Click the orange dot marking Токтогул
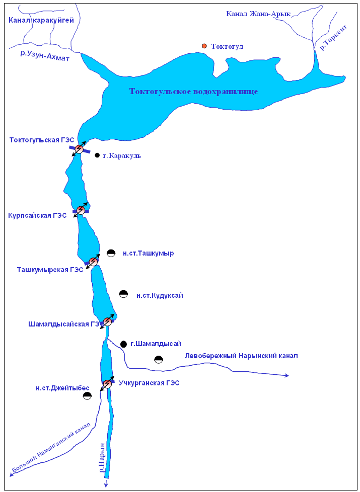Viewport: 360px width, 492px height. (204, 46)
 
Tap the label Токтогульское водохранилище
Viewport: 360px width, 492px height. (194, 92)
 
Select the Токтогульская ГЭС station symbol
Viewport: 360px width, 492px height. (79, 148)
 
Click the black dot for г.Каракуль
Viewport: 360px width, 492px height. (97, 155)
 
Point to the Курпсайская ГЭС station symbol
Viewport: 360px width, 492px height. (81, 210)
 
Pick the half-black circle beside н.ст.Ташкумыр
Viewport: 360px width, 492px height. (111, 253)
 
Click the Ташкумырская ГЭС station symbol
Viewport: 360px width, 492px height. (93, 262)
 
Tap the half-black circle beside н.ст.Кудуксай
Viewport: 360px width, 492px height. (124, 294)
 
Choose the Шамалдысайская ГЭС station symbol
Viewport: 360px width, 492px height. (107, 321)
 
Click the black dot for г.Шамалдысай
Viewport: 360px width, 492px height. (124, 344)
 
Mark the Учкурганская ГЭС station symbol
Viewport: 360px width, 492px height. (107, 384)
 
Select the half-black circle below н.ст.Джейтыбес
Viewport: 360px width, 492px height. (87, 396)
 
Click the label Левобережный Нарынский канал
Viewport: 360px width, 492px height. (241, 356)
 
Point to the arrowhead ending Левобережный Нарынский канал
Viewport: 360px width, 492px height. (287, 375)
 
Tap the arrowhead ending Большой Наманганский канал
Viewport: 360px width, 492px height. (12, 474)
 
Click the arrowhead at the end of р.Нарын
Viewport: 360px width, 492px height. (106, 485)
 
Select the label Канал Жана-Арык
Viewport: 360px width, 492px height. (259, 14)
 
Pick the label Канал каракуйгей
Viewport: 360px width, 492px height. (41, 21)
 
